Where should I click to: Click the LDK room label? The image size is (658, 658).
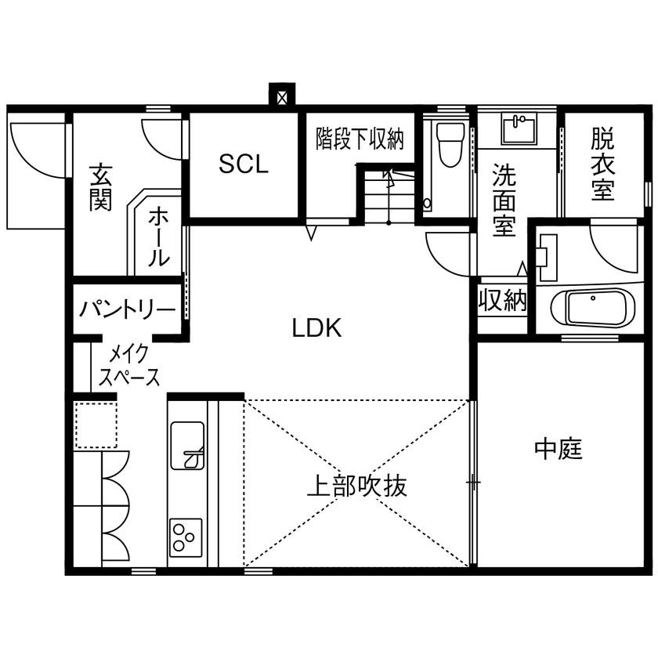pos(317,328)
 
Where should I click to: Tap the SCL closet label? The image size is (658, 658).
pos(243,164)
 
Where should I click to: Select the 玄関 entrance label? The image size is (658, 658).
pos(99,186)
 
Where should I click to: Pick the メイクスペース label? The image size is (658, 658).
pos(129,365)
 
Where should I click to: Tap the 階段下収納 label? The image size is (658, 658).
pos(360,139)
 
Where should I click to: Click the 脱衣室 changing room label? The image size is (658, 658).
pos(602,164)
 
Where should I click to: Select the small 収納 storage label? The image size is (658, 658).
pos(502,301)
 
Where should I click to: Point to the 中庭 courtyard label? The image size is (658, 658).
pos(559,449)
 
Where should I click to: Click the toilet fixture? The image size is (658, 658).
pos(449,146)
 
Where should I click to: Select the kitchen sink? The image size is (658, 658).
pos(187,445)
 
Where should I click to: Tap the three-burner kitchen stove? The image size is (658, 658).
pos(186,537)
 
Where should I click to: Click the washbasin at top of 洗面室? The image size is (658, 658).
pos(518,128)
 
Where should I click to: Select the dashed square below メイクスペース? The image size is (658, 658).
pos(96,425)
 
